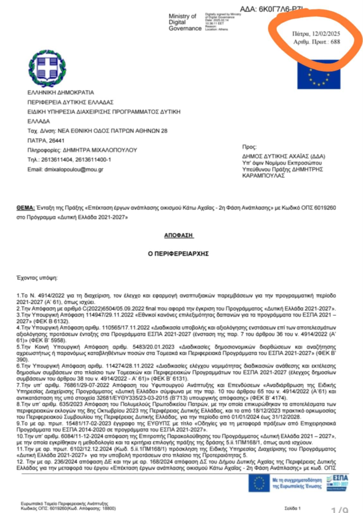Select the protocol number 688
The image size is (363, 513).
click(x=335, y=42)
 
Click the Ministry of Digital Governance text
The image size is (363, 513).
click(x=185, y=22)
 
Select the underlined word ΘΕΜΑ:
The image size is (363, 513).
click(x=26, y=208)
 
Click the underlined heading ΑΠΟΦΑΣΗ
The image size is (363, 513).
click(x=178, y=235)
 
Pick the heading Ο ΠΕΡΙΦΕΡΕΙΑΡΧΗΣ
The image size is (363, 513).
click(x=178, y=254)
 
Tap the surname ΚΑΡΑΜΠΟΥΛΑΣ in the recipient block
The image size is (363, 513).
click(x=263, y=176)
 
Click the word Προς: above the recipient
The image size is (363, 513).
click(x=249, y=147)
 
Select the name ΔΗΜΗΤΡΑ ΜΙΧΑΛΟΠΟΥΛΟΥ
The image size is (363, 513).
click(x=100, y=150)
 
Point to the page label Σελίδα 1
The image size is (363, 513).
click(x=292, y=509)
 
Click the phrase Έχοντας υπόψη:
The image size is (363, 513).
click(x=37, y=278)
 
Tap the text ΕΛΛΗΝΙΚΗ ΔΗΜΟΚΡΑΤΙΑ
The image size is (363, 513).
click(x=61, y=93)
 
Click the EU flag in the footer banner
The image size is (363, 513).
click(x=259, y=483)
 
